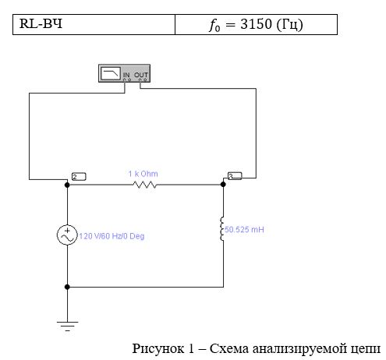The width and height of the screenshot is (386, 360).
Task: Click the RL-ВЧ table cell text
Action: (41, 23)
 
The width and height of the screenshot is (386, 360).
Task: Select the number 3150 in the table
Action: (256, 24)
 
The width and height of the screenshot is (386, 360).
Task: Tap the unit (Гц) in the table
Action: (289, 25)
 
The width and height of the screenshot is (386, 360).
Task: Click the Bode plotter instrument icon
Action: (124, 73)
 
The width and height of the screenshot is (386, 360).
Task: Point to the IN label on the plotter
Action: (126, 75)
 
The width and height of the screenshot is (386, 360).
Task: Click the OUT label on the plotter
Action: (141, 75)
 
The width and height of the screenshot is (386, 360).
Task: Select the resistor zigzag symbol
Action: (144, 185)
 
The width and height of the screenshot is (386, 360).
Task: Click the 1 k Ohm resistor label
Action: (143, 174)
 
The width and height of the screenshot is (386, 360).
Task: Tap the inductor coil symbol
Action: (221, 229)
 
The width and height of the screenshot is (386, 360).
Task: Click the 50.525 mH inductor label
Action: (244, 230)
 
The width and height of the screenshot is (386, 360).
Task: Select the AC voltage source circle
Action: (67, 235)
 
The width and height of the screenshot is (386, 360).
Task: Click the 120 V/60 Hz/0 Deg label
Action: (112, 236)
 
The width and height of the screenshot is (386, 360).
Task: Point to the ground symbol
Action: (67, 326)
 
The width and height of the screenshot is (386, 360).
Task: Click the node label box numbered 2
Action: (79, 177)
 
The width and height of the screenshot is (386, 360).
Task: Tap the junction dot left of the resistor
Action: (67, 185)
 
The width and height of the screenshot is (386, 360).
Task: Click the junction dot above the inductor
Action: (223, 185)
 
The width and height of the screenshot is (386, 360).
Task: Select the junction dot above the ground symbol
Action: (67, 287)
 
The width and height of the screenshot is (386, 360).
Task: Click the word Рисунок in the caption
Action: (158, 348)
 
